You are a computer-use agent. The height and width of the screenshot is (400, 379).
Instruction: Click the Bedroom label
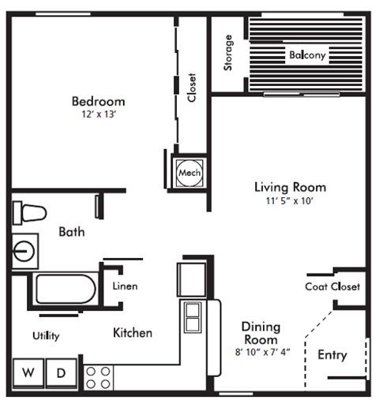tap(98, 101)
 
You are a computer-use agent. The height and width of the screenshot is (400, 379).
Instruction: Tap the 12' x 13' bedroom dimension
tap(98, 115)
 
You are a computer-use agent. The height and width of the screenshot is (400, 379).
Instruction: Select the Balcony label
tap(307, 55)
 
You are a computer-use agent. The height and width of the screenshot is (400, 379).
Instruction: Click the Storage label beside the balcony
tap(228, 53)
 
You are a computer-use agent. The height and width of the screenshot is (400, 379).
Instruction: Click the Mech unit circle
tap(188, 172)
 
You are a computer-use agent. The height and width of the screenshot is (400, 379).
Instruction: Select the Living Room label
tap(289, 187)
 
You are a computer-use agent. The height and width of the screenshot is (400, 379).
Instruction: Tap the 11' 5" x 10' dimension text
tap(289, 200)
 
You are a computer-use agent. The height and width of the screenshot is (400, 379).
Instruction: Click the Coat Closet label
tap(332, 286)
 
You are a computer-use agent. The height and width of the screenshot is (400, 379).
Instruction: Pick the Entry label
tap(332, 355)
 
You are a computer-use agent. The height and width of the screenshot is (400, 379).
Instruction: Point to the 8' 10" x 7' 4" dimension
tap(262, 352)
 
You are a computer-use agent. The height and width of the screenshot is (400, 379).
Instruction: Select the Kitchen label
tap(133, 333)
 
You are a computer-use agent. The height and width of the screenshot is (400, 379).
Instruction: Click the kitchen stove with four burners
tap(99, 376)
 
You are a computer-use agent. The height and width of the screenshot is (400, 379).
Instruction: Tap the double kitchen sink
tap(193, 318)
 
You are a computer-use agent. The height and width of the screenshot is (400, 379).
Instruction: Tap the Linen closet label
tap(126, 286)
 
